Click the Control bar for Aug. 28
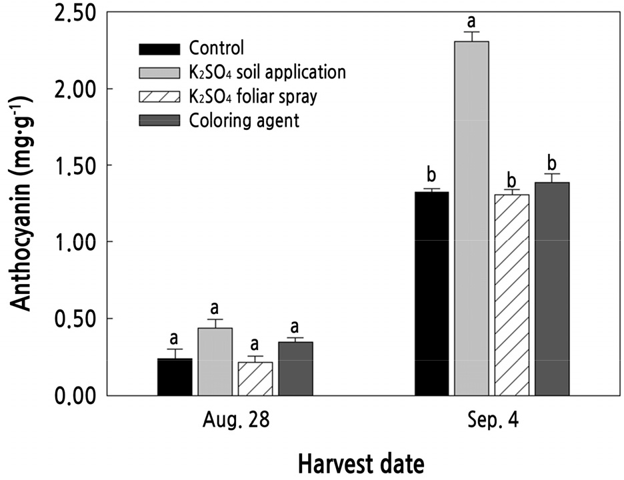pos(175,377)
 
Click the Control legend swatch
pos(159,49)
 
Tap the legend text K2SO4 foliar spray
pos(253,96)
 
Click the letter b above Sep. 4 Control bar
pos(431,177)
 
